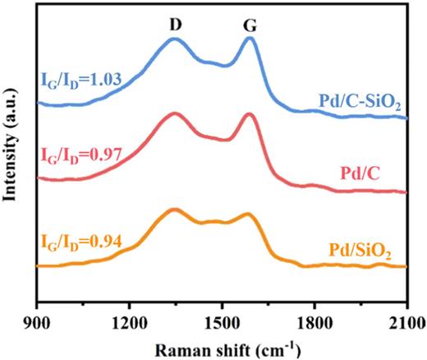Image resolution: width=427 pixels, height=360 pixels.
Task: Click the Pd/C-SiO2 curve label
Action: click(360, 103)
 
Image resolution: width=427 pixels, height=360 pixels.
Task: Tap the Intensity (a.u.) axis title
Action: click(11, 152)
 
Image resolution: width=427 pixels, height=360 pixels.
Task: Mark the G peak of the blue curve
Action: click(250, 38)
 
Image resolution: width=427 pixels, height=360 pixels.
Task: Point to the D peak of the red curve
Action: click(174, 113)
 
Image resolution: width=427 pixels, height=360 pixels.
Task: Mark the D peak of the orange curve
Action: click(174, 210)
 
